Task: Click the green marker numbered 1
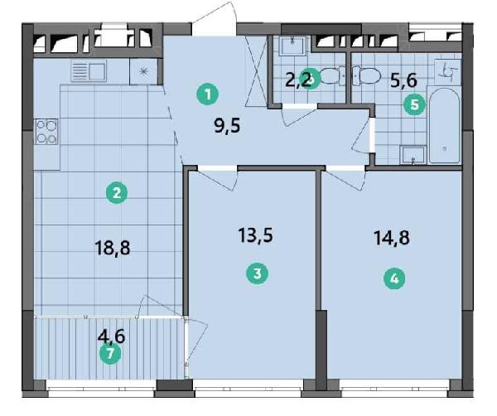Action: click(x=210, y=94)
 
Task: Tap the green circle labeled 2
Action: click(x=117, y=194)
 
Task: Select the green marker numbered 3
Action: click(x=258, y=273)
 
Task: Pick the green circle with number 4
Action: click(x=394, y=279)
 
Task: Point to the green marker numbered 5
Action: click(x=413, y=104)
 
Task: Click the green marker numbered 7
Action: click(x=109, y=355)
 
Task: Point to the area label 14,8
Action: click(x=392, y=239)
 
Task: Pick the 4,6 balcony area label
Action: click(x=112, y=336)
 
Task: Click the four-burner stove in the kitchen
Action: click(x=46, y=132)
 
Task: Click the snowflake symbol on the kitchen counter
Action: click(x=143, y=71)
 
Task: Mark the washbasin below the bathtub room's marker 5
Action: click(x=412, y=152)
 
